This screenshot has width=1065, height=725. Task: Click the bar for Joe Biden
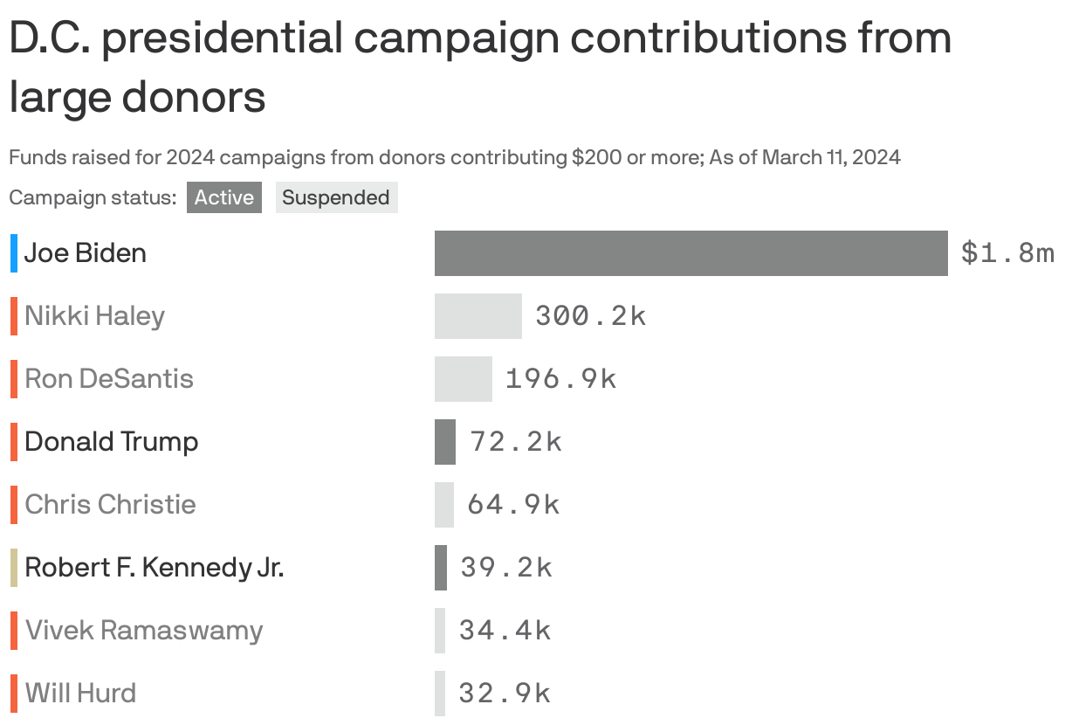(691, 253)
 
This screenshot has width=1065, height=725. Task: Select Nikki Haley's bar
(478, 316)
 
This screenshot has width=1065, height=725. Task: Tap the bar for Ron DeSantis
(463, 379)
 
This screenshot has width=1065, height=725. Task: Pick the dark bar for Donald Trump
(445, 442)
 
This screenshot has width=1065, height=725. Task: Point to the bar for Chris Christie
(444, 505)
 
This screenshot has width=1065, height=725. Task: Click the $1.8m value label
(1007, 253)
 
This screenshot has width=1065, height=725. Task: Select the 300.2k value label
(590, 316)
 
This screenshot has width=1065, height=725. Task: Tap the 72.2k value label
(515, 442)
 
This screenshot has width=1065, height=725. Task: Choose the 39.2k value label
(506, 568)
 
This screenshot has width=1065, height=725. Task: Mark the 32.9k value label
(505, 694)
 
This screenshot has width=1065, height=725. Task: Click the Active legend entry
(224, 197)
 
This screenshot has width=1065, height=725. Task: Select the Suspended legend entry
(336, 197)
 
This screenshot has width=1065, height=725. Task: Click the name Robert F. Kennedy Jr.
(155, 568)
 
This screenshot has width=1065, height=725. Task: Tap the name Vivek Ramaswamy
(144, 631)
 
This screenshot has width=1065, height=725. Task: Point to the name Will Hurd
(81, 694)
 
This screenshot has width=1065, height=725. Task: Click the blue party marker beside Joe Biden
(14, 253)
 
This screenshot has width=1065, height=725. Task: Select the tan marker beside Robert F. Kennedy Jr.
(14, 568)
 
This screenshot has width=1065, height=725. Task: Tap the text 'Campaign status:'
(93, 197)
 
